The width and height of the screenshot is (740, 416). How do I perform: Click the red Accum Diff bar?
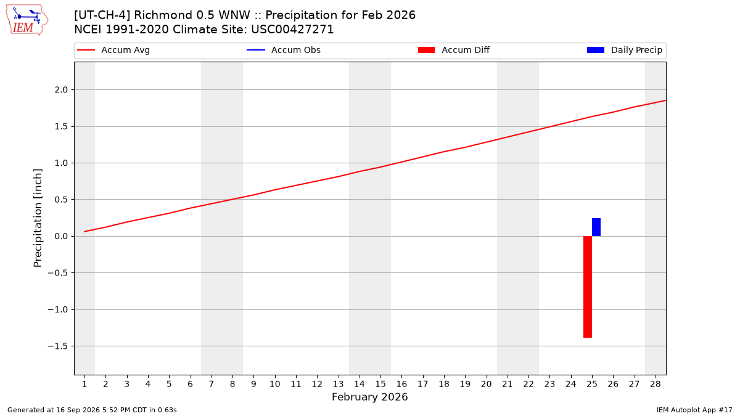click(x=587, y=287)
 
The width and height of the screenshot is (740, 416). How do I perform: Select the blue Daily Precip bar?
click(x=596, y=227)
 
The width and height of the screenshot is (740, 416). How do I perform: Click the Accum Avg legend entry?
click(x=113, y=50)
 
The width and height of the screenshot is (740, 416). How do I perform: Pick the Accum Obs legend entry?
click(x=284, y=50)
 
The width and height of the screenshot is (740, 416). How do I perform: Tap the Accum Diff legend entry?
click(x=454, y=50)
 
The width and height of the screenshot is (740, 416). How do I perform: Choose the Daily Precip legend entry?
click(x=624, y=50)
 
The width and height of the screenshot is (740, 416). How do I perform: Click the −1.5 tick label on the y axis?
click(x=58, y=346)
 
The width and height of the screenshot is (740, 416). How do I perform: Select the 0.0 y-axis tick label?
click(x=61, y=237)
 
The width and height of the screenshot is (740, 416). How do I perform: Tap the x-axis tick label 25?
click(x=592, y=385)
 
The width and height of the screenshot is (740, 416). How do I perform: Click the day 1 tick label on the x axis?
click(x=84, y=385)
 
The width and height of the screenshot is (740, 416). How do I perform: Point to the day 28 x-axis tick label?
click(x=656, y=385)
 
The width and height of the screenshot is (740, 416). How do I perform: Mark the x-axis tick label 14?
click(x=360, y=385)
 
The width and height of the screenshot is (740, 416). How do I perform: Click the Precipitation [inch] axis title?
click(x=38, y=218)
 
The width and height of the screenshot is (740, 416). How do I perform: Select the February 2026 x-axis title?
click(x=369, y=397)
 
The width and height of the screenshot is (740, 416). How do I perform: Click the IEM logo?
click(x=27, y=20)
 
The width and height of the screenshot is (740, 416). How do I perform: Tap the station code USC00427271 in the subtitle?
click(x=292, y=30)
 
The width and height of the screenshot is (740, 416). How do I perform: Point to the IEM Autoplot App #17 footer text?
click(x=694, y=410)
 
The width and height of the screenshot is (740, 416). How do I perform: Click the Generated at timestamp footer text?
click(x=92, y=410)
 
